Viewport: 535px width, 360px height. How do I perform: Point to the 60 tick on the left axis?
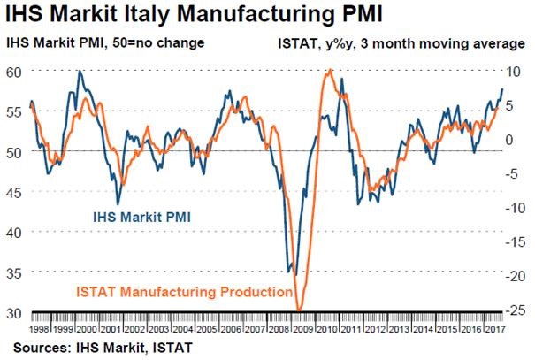[x=17, y=72]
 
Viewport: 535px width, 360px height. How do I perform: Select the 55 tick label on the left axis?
[x=17, y=112]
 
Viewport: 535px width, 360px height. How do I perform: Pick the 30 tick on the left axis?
[x=17, y=312]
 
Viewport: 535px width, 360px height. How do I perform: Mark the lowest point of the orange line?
[x=299, y=310]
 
